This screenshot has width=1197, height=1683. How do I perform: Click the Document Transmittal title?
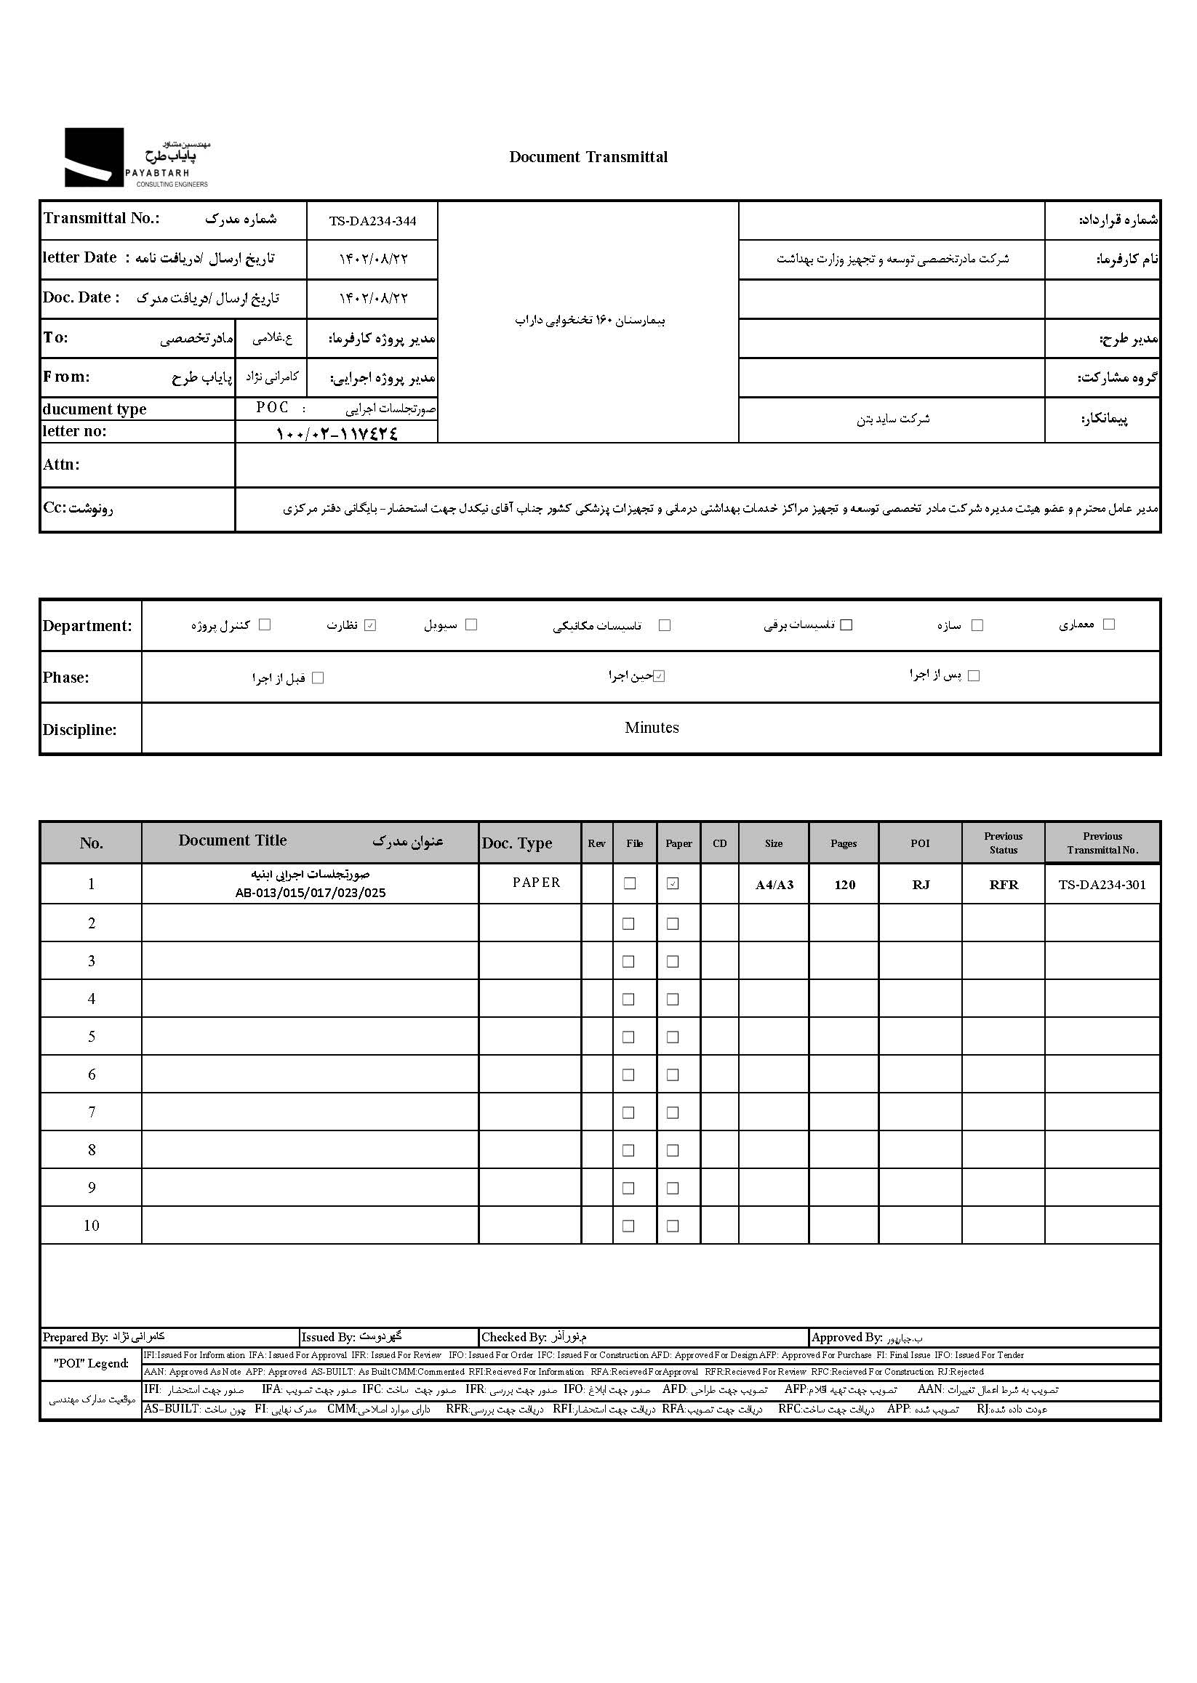(x=588, y=157)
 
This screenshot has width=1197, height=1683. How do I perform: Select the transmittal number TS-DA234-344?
(x=372, y=221)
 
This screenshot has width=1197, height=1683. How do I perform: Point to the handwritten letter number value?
(x=337, y=433)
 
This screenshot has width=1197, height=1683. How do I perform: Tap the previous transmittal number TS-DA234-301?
(x=1102, y=885)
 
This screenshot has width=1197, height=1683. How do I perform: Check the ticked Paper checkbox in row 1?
(x=673, y=883)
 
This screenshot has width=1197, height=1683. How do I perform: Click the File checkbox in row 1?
(x=630, y=883)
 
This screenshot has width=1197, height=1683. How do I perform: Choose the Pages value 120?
(x=845, y=885)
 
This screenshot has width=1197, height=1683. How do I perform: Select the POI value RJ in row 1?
(x=921, y=885)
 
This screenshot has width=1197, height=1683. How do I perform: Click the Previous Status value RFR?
(x=1003, y=885)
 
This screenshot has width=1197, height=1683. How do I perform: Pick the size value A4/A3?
(x=774, y=885)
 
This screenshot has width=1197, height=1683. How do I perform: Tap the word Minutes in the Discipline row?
(x=652, y=728)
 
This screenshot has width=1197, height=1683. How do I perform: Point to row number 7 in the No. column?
(x=92, y=1112)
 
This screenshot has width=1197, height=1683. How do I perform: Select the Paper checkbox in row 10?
(x=673, y=1226)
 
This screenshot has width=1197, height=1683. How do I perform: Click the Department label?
(x=87, y=627)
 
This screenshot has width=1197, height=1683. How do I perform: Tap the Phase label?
(x=65, y=678)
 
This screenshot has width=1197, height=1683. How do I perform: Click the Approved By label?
(x=846, y=1338)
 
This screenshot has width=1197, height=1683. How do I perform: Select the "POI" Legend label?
(x=91, y=1364)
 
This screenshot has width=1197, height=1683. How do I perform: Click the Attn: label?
(x=61, y=465)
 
